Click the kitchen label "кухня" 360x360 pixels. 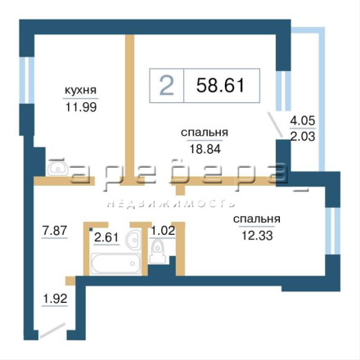81,90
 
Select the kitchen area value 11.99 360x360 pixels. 81,107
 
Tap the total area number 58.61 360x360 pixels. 220,85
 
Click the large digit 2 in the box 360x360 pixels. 167,86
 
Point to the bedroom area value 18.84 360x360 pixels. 205,149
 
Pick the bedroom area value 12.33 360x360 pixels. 257,236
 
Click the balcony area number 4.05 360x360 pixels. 303,120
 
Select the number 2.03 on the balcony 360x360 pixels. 303,136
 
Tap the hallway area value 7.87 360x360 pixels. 55,231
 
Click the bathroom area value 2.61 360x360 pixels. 106,237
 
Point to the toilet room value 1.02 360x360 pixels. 163,231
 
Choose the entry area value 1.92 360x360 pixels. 55,299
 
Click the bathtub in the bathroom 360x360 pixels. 116,263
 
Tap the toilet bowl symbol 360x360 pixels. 157,250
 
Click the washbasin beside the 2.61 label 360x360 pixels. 133,240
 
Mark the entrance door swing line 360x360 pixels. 52,331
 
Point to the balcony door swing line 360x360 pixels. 275,124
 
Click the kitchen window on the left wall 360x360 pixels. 26,80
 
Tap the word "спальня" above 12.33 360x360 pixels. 257,219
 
